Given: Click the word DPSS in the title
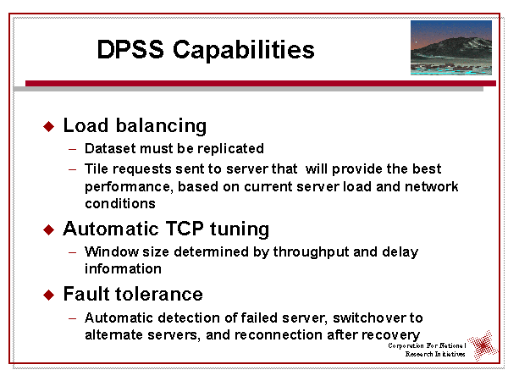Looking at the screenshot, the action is (x=130, y=49).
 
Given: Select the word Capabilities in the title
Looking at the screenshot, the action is (x=244, y=51).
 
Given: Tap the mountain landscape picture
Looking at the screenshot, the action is (x=451, y=47).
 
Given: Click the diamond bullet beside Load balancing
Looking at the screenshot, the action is (x=48, y=126).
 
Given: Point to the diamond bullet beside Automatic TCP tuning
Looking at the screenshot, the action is (x=48, y=230).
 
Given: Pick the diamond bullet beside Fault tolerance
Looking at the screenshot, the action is (x=48, y=295).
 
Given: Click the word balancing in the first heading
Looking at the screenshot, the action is (x=161, y=126).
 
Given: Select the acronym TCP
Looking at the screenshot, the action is (x=185, y=229).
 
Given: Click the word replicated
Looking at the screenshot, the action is (x=230, y=149).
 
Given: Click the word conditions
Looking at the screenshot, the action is (x=120, y=204).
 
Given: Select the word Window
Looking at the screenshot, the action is (x=112, y=251).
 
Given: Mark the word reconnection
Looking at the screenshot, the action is (x=279, y=335).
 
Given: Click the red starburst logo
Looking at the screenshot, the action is (x=483, y=345).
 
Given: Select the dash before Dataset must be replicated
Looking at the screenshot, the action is (x=73, y=149).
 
